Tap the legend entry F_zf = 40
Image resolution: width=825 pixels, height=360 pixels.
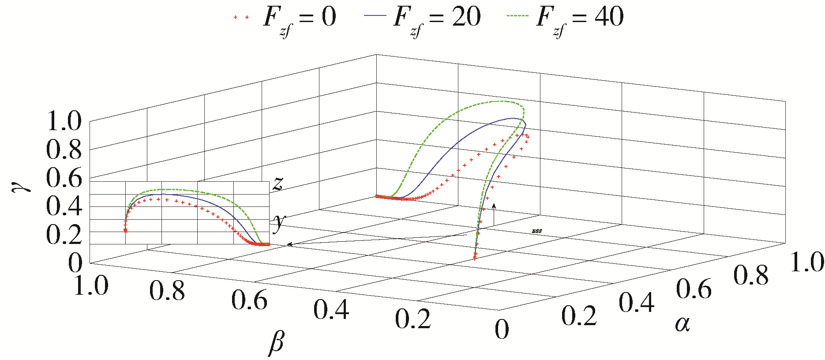[564, 18]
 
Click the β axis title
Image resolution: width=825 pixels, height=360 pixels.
[276, 342]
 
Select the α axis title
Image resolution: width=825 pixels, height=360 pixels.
[682, 324]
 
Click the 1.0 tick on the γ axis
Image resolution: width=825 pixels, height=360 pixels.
[64, 121]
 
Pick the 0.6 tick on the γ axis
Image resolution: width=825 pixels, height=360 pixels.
[64, 178]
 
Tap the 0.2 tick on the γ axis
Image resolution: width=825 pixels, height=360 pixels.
[64, 235]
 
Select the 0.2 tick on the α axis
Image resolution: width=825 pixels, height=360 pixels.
[579, 316]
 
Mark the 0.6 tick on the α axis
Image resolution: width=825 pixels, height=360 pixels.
[694, 289]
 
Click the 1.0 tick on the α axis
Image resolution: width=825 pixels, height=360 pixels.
[806, 262]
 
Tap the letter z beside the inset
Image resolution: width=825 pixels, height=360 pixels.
[277, 183]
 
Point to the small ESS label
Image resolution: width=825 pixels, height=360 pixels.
[537, 231]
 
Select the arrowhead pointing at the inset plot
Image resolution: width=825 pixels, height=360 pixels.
[290, 244]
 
